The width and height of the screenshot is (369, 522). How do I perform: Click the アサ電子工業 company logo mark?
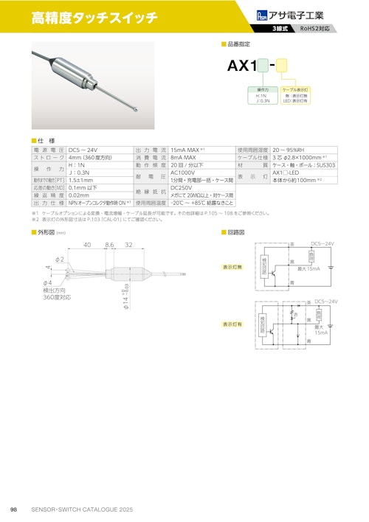click(x=263, y=14)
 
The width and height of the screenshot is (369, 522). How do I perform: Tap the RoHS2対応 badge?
click(x=318, y=29)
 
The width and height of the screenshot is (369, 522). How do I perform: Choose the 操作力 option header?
click(x=261, y=89)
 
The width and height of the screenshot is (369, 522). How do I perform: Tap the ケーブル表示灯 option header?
click(x=295, y=89)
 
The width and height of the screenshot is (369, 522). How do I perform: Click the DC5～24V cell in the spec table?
click(x=83, y=150)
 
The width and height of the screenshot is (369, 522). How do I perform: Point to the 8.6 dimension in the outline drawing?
click(x=110, y=244)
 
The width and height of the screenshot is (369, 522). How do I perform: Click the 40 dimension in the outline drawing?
click(x=87, y=244)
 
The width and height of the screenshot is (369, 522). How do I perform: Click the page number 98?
click(x=13, y=510)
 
